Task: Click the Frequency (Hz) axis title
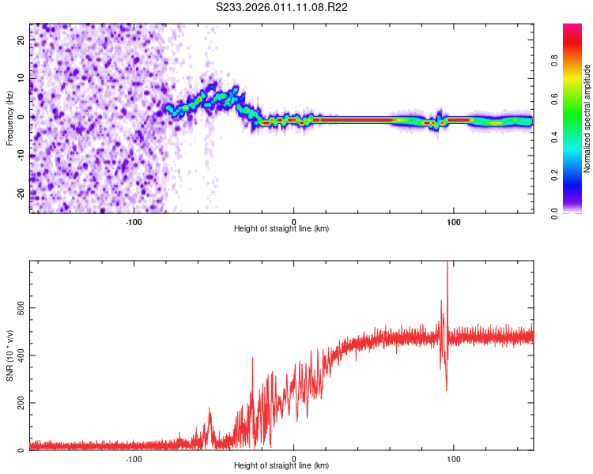pyautogui.click(x=9, y=118)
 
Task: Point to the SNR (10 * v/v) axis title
pyautogui.click(x=9, y=355)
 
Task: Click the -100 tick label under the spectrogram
pyautogui.click(x=134, y=221)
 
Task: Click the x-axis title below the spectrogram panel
pyautogui.click(x=281, y=229)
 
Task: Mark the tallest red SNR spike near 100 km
pyautogui.click(x=448, y=264)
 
